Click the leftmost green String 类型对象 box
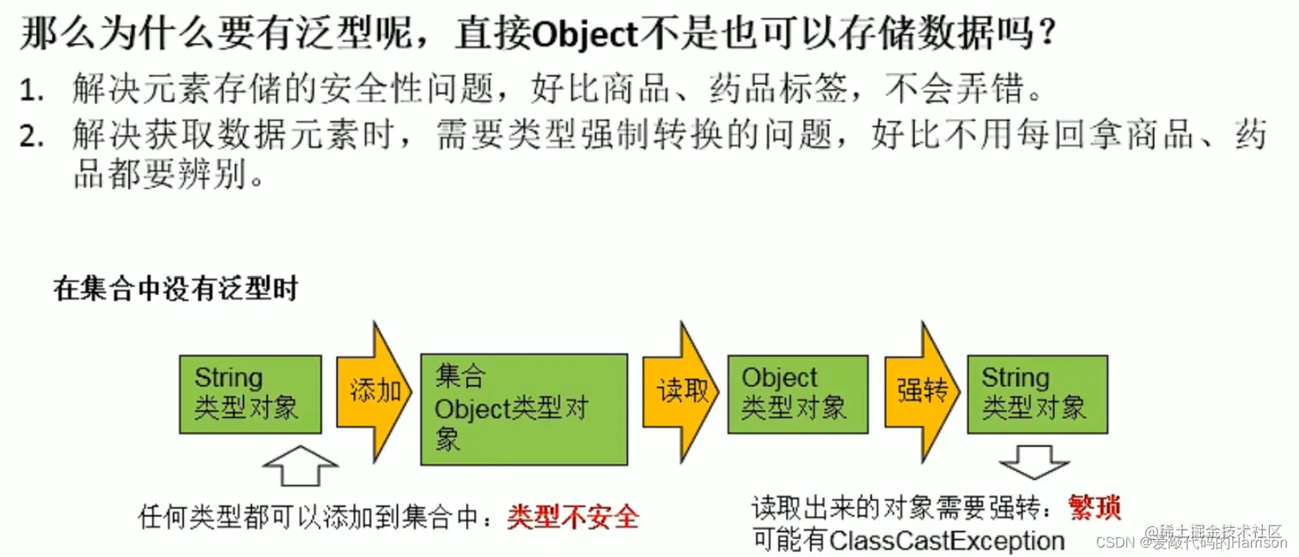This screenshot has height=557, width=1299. click(x=250, y=394)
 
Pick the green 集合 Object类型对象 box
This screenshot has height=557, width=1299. click(x=523, y=409)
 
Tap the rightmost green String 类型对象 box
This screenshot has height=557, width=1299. click(x=1037, y=394)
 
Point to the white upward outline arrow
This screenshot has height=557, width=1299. click(x=300, y=465)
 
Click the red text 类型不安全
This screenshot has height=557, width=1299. click(x=573, y=517)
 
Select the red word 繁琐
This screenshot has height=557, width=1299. click(x=1095, y=508)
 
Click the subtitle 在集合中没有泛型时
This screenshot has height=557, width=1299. click(x=175, y=289)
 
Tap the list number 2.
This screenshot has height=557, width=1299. click(x=31, y=137)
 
